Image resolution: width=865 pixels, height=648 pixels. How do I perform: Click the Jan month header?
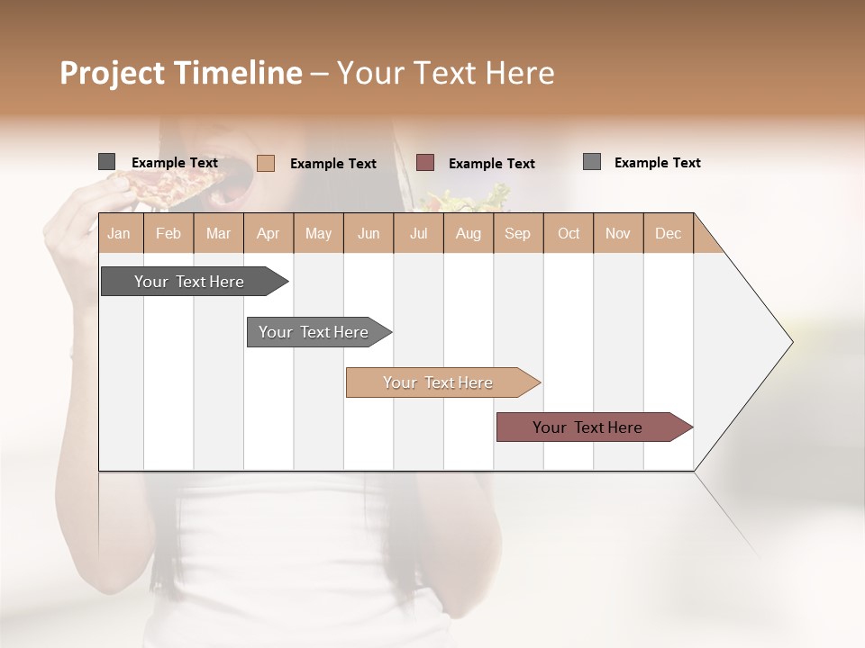119,234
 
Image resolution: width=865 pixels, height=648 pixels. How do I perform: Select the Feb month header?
168,234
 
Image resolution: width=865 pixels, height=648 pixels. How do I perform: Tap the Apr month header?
268,234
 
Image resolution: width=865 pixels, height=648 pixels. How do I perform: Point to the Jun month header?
369,234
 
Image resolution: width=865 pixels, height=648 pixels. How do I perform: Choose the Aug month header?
469,234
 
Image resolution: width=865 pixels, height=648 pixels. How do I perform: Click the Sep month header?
517,234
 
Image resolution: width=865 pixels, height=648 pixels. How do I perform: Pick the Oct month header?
569,234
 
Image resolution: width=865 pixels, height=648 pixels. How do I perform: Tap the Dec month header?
668,234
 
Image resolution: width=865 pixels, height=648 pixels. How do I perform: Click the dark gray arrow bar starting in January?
190,282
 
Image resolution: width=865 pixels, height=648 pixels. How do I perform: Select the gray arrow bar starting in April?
314,332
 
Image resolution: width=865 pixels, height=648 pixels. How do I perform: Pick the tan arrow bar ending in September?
439,382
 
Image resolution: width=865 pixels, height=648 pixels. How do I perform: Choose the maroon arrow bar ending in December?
588,427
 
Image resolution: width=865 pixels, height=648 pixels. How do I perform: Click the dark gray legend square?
106,162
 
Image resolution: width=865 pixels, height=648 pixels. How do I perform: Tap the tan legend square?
265,163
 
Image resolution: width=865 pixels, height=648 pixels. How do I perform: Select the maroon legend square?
425,163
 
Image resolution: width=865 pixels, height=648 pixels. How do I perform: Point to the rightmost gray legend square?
591,162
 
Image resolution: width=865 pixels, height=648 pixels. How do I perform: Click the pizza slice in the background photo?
171,184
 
